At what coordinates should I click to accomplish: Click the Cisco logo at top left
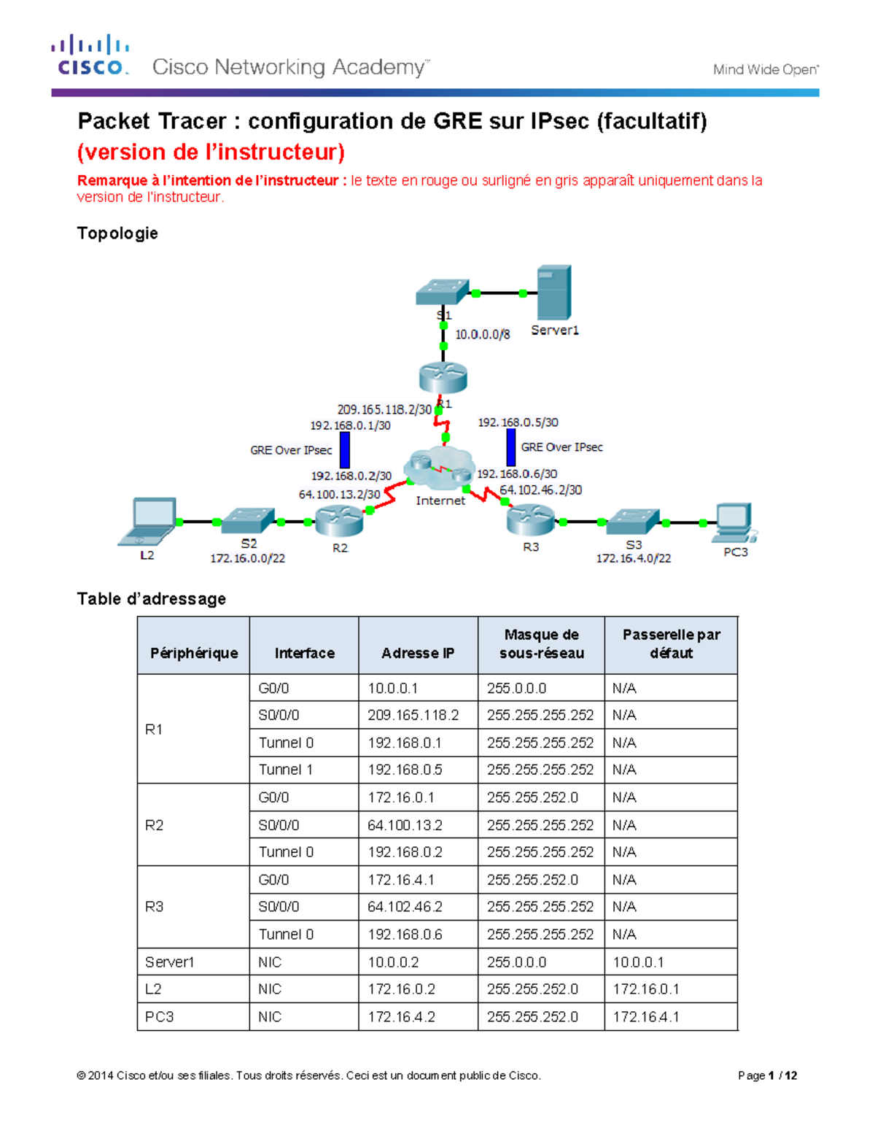click(90, 55)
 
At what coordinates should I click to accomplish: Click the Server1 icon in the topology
click(554, 293)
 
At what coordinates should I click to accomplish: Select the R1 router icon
click(443, 378)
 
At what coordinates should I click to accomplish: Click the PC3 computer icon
click(734, 522)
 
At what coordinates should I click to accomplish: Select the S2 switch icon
click(248, 521)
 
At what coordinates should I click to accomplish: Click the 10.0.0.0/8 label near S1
click(482, 334)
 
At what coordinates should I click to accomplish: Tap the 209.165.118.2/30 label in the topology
click(384, 410)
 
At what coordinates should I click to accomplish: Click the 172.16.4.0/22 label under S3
click(633, 558)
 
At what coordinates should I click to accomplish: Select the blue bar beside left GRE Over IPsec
click(345, 450)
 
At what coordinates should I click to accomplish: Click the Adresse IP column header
click(418, 653)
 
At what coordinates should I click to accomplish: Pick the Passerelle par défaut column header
click(671, 644)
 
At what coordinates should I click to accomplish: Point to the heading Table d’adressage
click(152, 599)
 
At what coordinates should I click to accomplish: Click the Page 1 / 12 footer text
click(767, 1075)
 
